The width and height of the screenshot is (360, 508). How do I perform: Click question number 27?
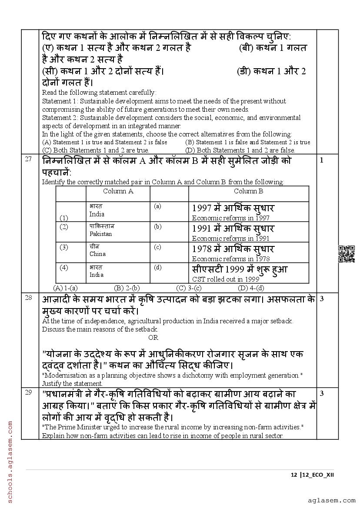28,159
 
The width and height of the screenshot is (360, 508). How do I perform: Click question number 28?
28,298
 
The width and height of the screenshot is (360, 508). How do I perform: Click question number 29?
28,393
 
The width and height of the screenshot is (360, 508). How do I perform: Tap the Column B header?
248,191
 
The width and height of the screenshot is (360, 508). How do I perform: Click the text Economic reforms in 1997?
230,218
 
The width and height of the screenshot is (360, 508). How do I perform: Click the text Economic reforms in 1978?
230,259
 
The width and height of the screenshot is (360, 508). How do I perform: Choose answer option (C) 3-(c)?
189,288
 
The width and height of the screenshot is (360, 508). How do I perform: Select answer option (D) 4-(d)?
251,288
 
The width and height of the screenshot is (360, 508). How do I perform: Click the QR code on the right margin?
347,254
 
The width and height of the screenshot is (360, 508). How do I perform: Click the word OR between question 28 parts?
153,338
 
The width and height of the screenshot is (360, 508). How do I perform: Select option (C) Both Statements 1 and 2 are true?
96,150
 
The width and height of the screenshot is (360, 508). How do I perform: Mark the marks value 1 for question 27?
322,160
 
